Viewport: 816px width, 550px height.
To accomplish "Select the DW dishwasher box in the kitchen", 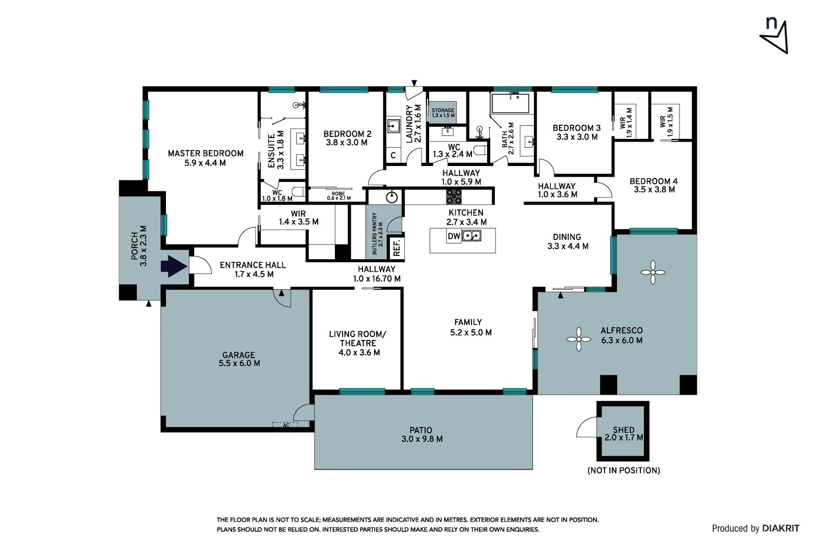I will [454, 236].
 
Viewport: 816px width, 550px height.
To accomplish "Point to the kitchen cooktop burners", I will [454, 196].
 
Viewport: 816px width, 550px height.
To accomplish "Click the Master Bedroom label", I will [205, 158].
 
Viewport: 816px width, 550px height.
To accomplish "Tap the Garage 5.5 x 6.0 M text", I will [239, 359].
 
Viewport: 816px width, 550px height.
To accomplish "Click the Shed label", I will [624, 433].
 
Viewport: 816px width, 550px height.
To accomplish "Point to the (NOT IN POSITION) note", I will [624, 471].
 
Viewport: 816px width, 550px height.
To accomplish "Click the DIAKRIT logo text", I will [780, 528].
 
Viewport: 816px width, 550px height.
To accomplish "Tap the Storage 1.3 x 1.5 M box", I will [442, 113].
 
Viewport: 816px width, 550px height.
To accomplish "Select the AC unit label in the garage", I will [286, 425].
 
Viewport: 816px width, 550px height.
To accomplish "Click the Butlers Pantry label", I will [376, 233].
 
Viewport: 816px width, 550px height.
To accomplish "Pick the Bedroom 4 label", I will [654, 185].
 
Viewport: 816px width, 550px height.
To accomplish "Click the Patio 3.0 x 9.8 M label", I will [421, 434].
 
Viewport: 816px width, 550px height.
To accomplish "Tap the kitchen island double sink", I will [472, 236].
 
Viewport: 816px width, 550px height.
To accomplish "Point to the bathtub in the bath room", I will [510, 103].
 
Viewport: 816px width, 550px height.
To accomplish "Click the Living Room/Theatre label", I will [358, 343].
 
